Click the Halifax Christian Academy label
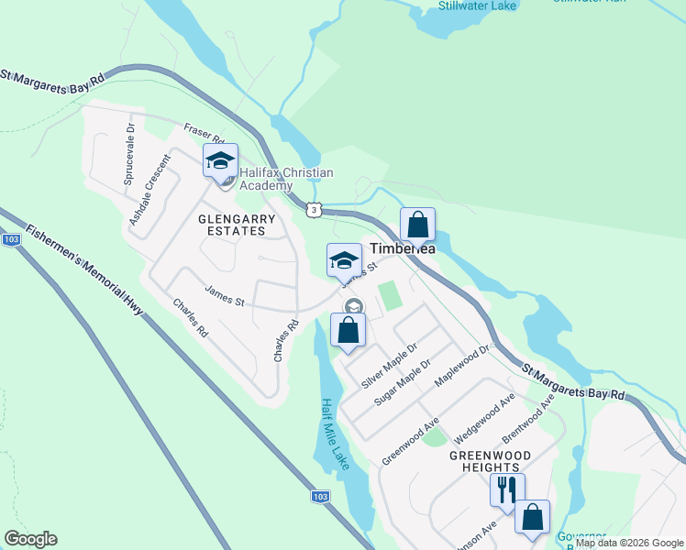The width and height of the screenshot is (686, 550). tap(285, 179)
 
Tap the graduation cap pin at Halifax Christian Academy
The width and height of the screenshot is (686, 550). tap(220, 161)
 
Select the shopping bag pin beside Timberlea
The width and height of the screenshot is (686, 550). tap(417, 225)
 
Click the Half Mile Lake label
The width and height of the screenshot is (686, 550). tap(335, 431)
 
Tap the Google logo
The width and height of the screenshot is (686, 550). tap(30, 539)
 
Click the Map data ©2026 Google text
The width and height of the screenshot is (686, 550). tap(628, 544)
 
